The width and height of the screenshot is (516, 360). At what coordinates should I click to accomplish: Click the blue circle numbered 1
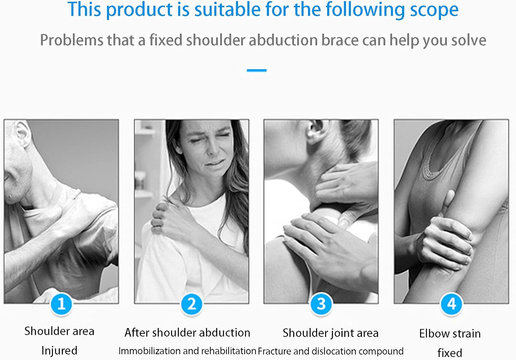(x=61, y=304)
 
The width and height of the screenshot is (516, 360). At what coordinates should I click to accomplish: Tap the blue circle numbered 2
(x=191, y=304)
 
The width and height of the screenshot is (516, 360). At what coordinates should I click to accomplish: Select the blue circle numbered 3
(x=321, y=304)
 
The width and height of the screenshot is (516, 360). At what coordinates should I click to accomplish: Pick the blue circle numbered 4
(x=451, y=304)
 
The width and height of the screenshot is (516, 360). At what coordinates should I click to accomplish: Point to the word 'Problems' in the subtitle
(x=72, y=40)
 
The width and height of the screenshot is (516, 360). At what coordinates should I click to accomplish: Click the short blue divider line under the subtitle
(x=257, y=70)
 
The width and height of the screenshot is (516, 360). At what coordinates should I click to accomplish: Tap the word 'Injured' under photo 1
(x=59, y=350)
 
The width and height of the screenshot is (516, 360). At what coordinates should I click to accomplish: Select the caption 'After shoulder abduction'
(x=187, y=332)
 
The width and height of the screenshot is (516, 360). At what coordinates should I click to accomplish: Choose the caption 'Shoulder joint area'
(x=330, y=333)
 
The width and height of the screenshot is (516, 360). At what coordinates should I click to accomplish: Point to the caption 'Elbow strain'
(x=450, y=333)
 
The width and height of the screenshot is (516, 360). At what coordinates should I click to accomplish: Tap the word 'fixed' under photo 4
(x=450, y=352)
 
